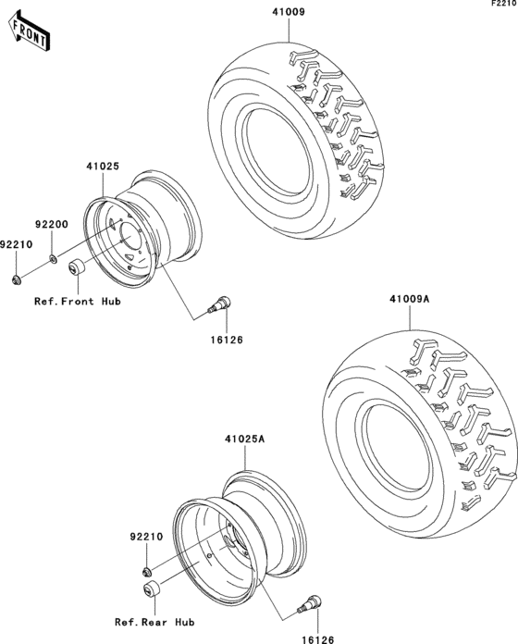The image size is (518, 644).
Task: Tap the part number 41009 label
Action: pyautogui.click(x=287, y=13)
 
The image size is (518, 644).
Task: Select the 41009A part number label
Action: pyautogui.click(x=409, y=299)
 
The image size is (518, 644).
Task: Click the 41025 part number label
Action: pyautogui.click(x=102, y=167)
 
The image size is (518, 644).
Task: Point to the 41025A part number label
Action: pyautogui.click(x=244, y=440)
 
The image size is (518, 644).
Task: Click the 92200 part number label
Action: pyautogui.click(x=53, y=224)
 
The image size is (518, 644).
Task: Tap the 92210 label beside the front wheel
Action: pyautogui.click(x=16, y=244)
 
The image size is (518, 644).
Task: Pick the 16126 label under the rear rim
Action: pyautogui.click(x=319, y=638)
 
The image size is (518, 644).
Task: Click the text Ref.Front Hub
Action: pyautogui.click(x=77, y=302)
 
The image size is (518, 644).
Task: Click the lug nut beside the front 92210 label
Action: pyautogui.click(x=17, y=279)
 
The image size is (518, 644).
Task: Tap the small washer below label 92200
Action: pyautogui.click(x=53, y=258)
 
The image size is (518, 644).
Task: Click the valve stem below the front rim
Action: pyautogui.click(x=222, y=301)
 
